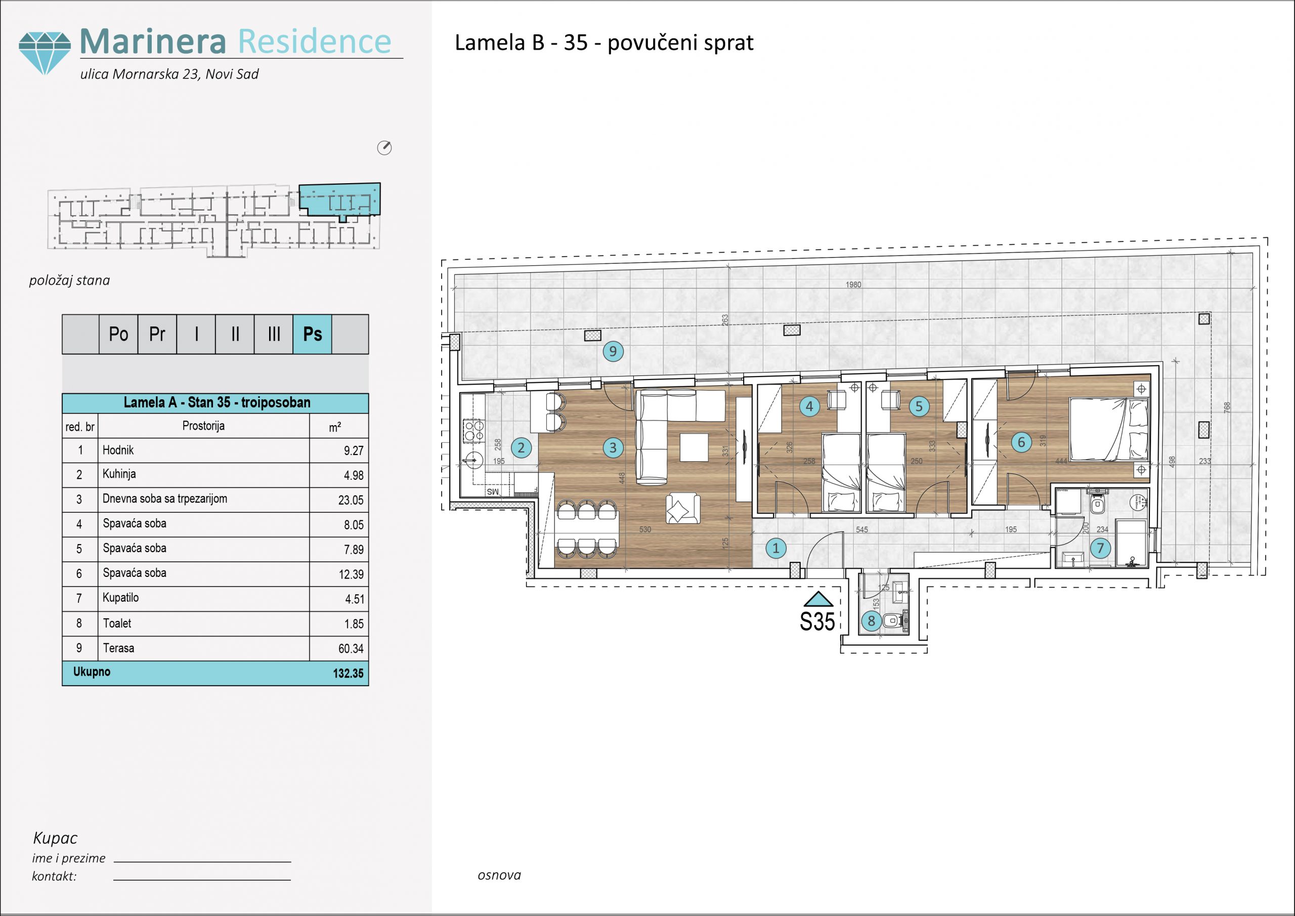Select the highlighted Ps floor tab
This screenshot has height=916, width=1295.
pos(313,334)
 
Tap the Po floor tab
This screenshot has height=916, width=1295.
pos(118,334)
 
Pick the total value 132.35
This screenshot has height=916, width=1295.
pos(348,673)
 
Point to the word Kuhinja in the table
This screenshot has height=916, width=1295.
pos(119,475)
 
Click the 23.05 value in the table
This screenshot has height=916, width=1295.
pos(351,500)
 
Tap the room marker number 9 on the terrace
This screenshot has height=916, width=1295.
pos(613,351)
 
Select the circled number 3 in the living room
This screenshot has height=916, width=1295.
pos(613,448)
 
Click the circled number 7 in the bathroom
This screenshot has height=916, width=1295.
pos(1100,548)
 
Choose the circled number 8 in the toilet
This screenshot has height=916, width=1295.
pos(872,621)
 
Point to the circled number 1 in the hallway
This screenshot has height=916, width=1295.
pos(776,548)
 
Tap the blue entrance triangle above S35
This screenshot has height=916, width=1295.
pos(818,599)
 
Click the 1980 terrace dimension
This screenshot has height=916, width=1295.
pos(853,285)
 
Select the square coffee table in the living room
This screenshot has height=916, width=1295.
pos(694,447)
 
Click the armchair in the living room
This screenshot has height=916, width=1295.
pos(683,509)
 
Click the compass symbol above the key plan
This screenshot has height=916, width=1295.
pos(384,148)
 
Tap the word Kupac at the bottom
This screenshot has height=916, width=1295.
pos(55,838)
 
